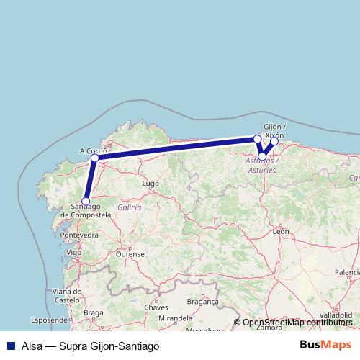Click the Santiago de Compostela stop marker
pyautogui.click(x=86, y=202)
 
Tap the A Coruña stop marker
pyautogui.click(x=94, y=158)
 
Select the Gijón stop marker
pyautogui.click(x=274, y=142)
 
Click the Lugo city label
pyautogui.click(x=150, y=184)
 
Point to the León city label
pyautogui.click(x=281, y=232)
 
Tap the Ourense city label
pyautogui.click(x=130, y=254)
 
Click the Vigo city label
pyautogui.click(x=73, y=253)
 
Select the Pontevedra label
pyautogui.click(x=80, y=235)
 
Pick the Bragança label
pyautogui.click(x=202, y=302)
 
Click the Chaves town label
pyautogui.click(x=156, y=307)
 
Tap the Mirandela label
pyautogui.click(x=176, y=318)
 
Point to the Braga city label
pyautogui.click(x=94, y=312)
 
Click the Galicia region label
pyautogui.click(x=130, y=207)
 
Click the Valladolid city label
pyautogui.click(x=336, y=315)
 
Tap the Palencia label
pyautogui.click(x=346, y=272)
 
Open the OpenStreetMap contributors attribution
pyautogui.click(x=297, y=323)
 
